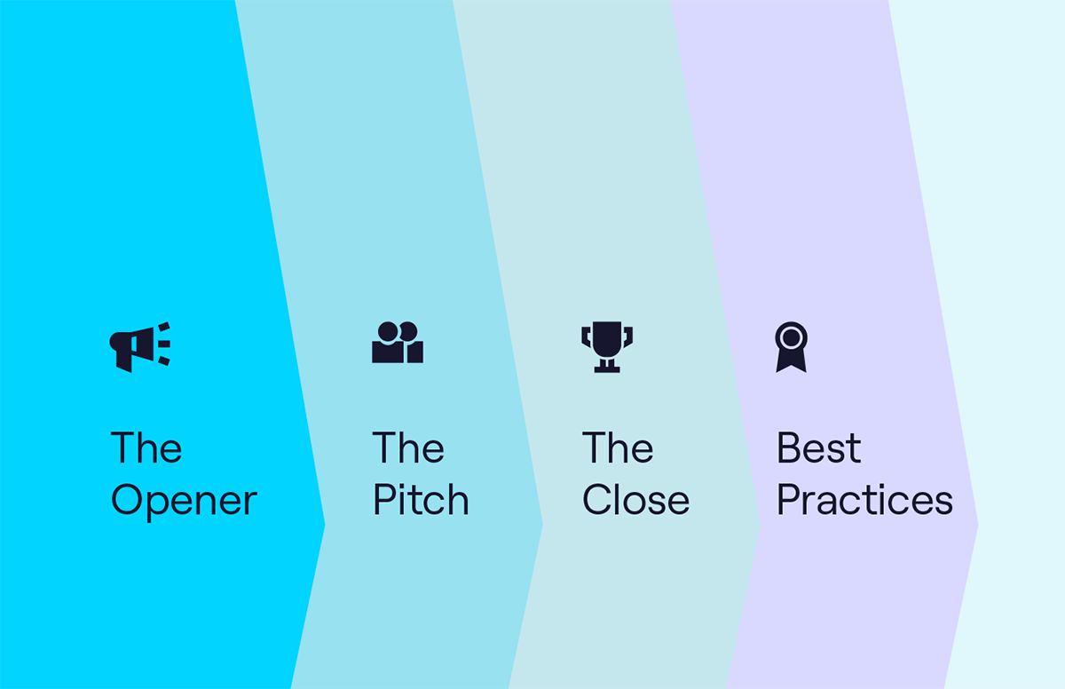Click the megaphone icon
coord(139,347)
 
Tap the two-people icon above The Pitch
coord(398,343)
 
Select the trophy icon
coord(607,347)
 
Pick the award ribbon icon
coord(791,347)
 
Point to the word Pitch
coord(421,499)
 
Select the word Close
coord(635,499)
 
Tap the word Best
coord(818,447)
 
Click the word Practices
coord(864,499)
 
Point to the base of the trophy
coord(607,369)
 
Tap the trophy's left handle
coord(586,337)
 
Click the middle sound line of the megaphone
coord(164,344)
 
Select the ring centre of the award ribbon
coord(791,337)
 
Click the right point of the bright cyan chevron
coord(325,525)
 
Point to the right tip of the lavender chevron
coord(978,525)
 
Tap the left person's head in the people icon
coord(388,331)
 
